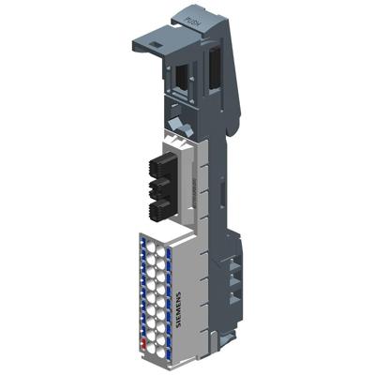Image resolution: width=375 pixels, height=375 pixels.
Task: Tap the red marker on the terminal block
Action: point(142,342)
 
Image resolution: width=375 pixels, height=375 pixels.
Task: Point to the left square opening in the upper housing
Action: point(180,74)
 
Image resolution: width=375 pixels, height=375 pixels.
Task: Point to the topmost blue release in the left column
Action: point(142,242)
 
